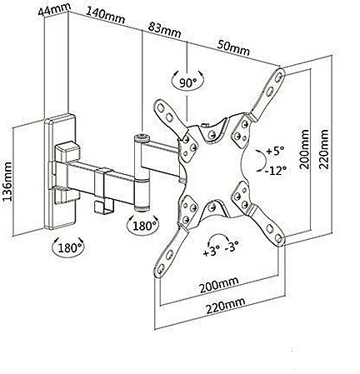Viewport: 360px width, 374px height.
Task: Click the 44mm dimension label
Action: coord(54,10)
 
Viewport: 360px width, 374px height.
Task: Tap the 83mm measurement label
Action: coord(164,30)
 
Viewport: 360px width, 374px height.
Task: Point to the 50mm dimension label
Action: coord(233,48)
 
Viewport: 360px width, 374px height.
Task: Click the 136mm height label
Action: coord(7,182)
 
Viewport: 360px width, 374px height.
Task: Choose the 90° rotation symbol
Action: coord(187,81)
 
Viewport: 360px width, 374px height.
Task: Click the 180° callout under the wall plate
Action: coord(68,247)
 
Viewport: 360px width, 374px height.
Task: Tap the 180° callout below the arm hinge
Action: coord(143,226)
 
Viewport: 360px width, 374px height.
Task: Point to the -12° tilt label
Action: coord(275,171)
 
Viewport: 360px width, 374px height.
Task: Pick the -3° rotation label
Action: coord(232,247)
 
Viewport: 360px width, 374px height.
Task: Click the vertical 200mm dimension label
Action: coord(304,149)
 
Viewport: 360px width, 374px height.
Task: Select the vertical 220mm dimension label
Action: coord(324,148)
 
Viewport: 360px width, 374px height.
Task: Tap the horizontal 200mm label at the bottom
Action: coord(219,285)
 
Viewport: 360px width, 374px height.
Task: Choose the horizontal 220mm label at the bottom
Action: coord(225,306)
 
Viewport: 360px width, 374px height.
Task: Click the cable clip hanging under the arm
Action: coord(103,207)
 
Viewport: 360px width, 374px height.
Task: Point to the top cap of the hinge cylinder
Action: coord(142,137)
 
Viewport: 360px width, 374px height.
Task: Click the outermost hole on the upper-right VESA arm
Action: coord(279,77)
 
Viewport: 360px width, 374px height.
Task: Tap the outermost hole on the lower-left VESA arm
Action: coord(161,269)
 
